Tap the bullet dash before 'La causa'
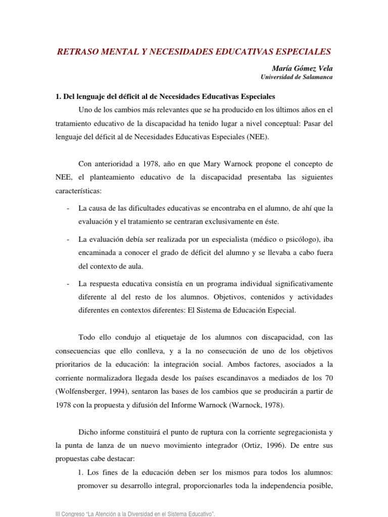pyautogui.click(x=68, y=208)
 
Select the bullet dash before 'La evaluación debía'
pyautogui.click(x=68, y=238)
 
